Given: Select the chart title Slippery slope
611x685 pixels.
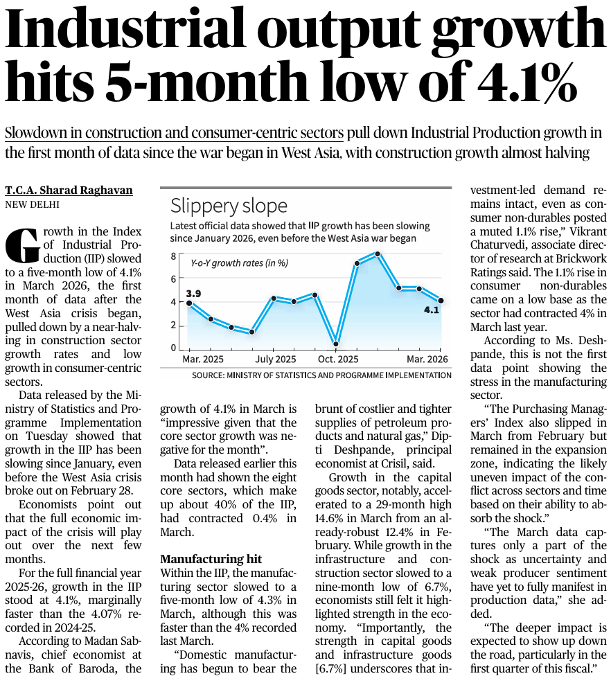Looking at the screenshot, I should point(229,206).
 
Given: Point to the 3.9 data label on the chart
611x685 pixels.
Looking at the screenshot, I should point(193,294).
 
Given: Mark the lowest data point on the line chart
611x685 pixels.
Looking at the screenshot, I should point(336,344).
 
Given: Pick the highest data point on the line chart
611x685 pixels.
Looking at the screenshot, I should point(378,254).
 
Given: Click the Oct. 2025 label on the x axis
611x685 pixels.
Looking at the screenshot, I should point(339,359).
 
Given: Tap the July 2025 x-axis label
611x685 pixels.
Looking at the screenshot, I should point(275,359).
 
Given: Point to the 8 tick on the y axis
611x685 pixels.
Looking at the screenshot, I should point(174,257).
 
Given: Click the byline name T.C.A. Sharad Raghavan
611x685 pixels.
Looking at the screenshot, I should point(69,190).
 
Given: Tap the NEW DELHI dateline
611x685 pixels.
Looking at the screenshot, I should point(33,204).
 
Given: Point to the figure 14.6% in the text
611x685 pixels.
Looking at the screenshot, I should point(333,517).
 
